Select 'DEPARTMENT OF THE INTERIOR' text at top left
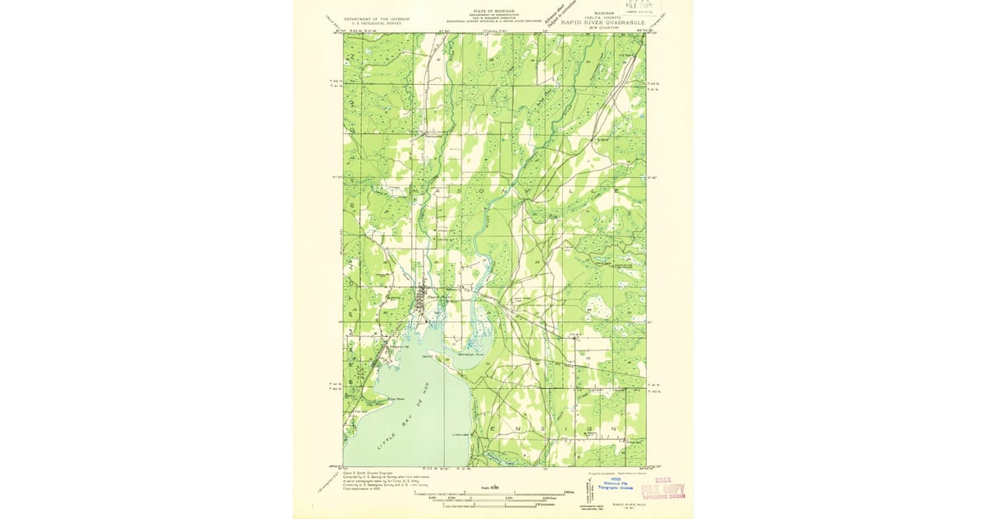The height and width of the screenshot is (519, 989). [x=377, y=17]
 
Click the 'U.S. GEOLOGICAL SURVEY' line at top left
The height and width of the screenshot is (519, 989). [x=377, y=22]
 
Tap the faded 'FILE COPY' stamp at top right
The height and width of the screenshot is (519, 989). [x=643, y=7]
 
